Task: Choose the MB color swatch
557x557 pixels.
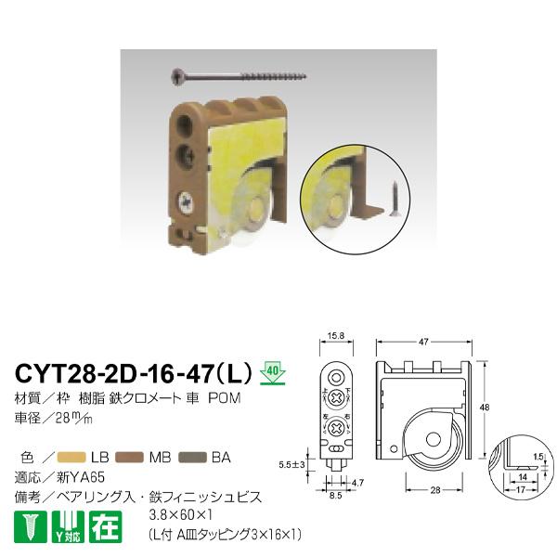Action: (130, 456)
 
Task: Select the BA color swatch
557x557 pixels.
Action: (188, 456)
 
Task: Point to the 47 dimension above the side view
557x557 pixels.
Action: (423, 343)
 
